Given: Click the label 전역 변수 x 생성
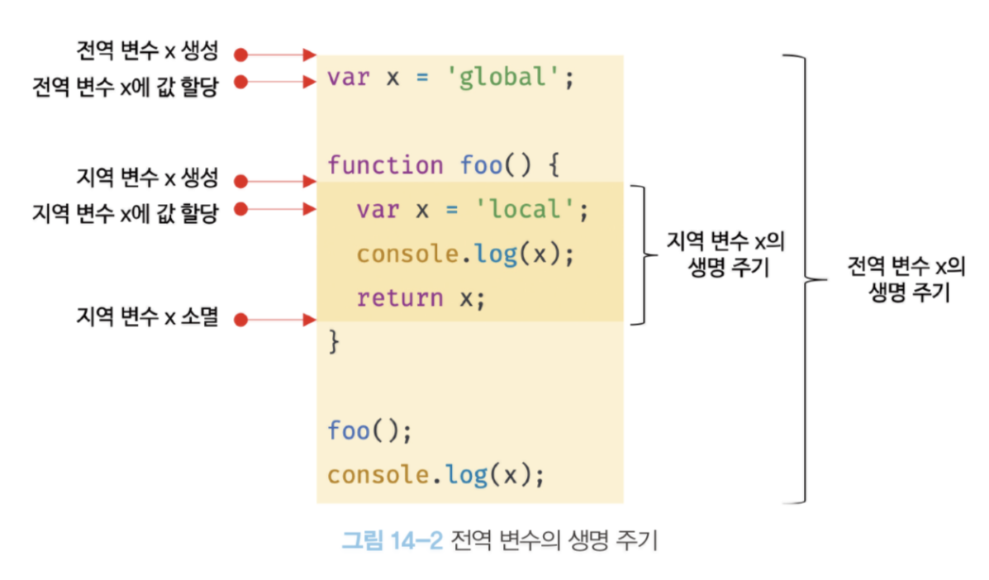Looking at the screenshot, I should (x=146, y=52).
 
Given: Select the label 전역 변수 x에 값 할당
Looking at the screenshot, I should (x=125, y=83).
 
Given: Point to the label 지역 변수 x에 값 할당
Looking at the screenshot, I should (x=125, y=212).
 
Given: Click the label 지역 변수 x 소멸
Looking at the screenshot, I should (x=146, y=317).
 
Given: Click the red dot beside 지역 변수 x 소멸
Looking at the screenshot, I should (x=240, y=319).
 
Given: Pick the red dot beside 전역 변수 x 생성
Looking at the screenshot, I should (x=240, y=55).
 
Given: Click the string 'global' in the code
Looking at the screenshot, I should (x=504, y=78).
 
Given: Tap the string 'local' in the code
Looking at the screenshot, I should (x=525, y=210).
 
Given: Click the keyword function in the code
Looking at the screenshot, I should (x=385, y=165).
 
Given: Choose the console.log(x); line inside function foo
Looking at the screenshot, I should (x=464, y=254).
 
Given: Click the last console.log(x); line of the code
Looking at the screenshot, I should (x=435, y=474).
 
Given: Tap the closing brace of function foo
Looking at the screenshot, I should (x=334, y=341).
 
